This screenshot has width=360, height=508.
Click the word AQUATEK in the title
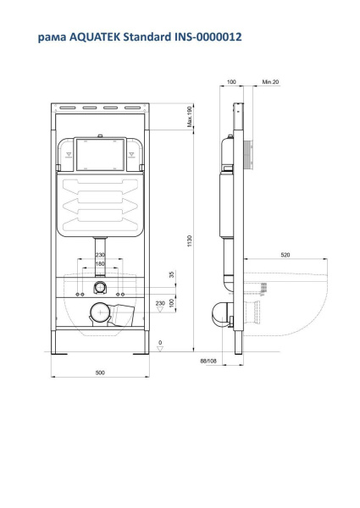click(94, 37)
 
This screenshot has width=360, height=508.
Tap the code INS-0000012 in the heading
click(208, 37)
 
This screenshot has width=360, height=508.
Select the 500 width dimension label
click(100, 373)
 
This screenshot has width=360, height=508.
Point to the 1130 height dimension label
click(190, 240)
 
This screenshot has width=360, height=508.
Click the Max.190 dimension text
click(190, 117)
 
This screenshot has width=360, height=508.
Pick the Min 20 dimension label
click(270, 82)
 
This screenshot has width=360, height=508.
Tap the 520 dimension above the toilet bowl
click(285, 255)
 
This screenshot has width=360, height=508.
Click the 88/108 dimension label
click(208, 361)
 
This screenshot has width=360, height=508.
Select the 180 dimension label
click(100, 263)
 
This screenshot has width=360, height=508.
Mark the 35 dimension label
click(172, 274)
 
